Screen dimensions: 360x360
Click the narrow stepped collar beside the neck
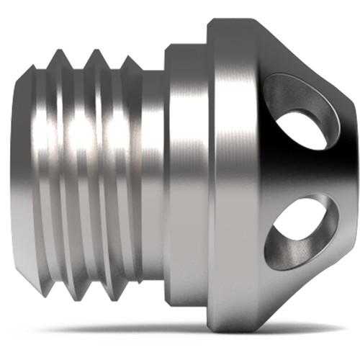pyautogui.click(x=185, y=173)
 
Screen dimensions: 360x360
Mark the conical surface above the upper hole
pyautogui.click(x=288, y=54)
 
